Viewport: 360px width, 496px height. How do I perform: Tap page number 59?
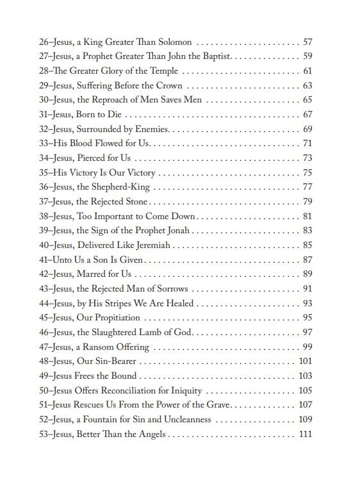[x=307, y=56]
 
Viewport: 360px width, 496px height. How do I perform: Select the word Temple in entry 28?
[x=161, y=70]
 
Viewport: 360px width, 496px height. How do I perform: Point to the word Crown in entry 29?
[x=168, y=85]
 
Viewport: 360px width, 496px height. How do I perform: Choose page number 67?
[x=307, y=115]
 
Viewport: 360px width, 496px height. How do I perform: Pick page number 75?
[x=307, y=172]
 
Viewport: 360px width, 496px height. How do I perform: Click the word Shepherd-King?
[x=122, y=187]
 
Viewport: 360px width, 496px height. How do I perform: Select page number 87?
[x=307, y=260]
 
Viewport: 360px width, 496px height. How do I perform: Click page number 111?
[x=305, y=434]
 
